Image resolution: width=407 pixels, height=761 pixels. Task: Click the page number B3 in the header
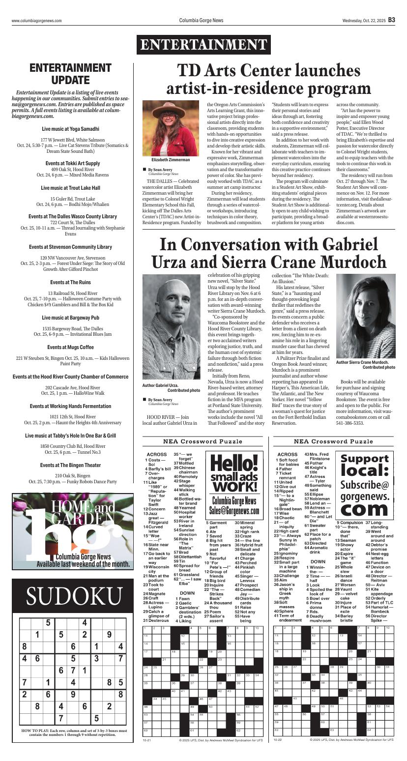coord(391,20)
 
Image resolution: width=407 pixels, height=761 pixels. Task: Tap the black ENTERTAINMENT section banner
coord(203,45)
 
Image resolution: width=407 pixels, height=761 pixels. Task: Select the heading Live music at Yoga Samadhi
coord(70,129)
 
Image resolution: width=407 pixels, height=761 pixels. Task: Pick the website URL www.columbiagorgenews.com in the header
coord(37,21)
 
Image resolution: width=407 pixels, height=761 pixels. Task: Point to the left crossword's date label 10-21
coord(147,753)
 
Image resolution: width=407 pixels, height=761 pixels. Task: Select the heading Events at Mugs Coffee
coord(70,347)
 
